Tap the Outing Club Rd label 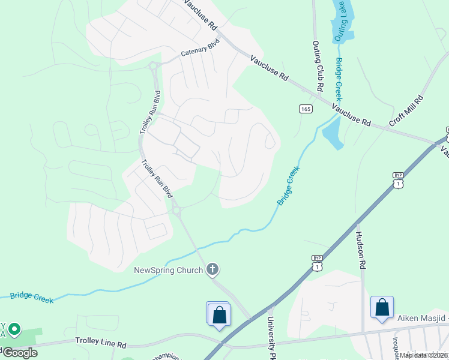coord(318,66)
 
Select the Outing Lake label coord(340,21)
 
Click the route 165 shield coord(306,109)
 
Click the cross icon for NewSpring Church coord(212,270)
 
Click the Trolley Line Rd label coord(101,341)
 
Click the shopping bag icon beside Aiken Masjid coord(382,308)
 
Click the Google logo coord(20,353)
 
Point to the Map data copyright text coord(424,355)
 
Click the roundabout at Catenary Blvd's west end coord(153,67)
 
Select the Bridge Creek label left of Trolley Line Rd coord(31,298)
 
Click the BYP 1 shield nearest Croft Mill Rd coord(398,179)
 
